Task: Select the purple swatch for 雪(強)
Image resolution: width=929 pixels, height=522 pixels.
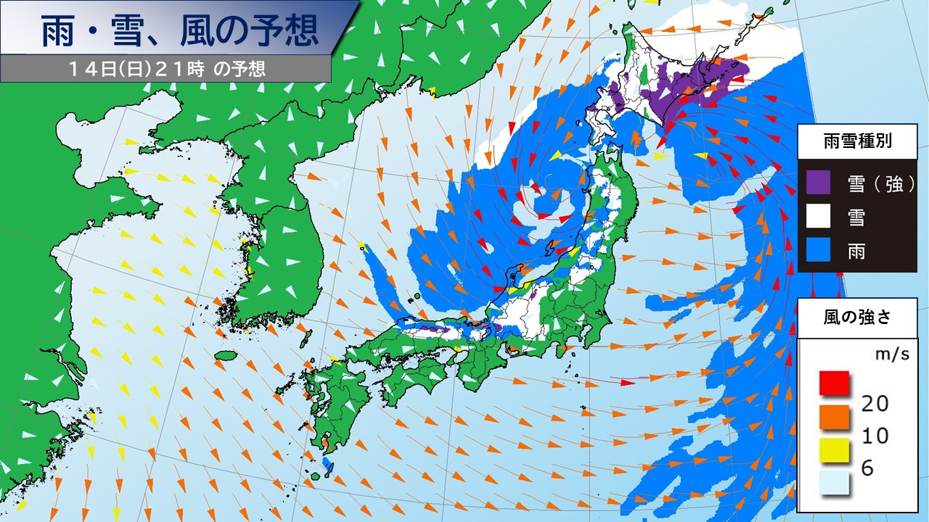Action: (818, 183)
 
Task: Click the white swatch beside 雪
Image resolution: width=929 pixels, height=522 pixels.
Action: (818, 216)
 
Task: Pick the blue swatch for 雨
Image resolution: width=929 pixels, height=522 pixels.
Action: (818, 249)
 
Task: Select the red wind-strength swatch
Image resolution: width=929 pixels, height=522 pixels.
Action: (835, 383)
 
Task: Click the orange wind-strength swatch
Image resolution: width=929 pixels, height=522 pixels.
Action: (835, 416)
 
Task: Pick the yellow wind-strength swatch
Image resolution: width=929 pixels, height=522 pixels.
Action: (835, 449)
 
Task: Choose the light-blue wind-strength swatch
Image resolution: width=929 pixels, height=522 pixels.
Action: (835, 482)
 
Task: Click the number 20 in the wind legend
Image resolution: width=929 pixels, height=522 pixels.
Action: (873, 403)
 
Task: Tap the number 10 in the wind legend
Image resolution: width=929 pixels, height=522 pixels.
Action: (873, 436)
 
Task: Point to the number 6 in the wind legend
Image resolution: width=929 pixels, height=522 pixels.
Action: (867, 469)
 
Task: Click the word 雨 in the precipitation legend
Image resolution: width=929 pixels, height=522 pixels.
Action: (857, 250)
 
